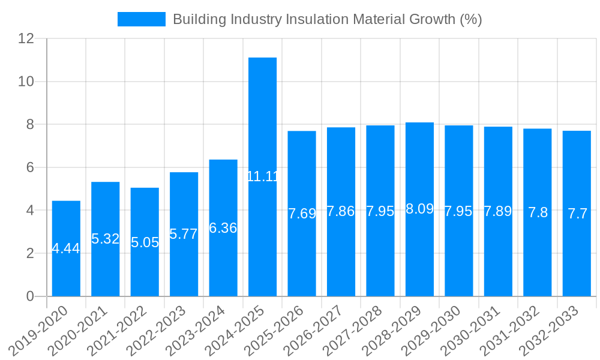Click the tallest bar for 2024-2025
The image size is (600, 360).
pos(263,120)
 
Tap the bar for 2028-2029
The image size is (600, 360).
pos(419,252)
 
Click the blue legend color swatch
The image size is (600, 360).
pos(142,19)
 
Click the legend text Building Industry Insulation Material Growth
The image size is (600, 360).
pos(327,19)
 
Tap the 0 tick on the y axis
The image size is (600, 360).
pos(30,296)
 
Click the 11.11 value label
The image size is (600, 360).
pos(263,176)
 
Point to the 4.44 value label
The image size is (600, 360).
pos(66,248)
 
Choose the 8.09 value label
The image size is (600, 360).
pos(419,209)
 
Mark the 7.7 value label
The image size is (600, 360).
pos(577,214)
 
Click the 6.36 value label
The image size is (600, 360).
pos(223,228)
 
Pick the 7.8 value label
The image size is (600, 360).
pos(538,212)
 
